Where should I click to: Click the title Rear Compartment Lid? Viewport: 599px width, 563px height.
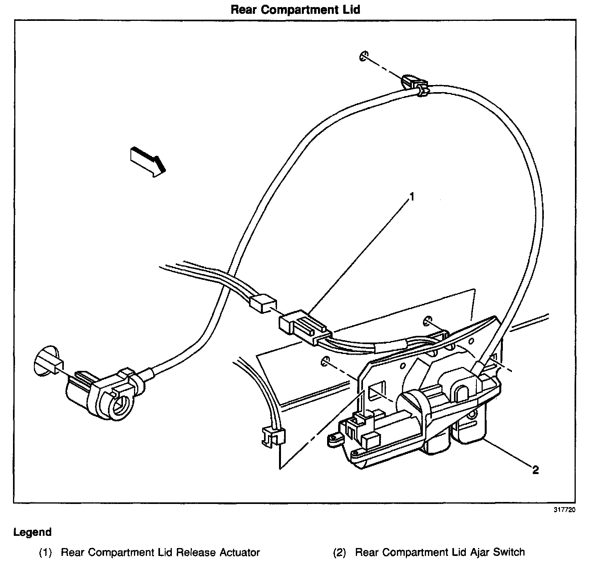(x=295, y=9)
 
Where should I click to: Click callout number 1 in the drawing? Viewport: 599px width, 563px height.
(x=412, y=196)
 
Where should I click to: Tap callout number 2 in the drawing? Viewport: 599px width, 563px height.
(x=535, y=470)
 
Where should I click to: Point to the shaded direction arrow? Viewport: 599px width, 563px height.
(x=147, y=161)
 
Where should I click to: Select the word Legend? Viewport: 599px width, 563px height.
(x=32, y=532)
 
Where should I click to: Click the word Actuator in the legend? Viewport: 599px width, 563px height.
(x=240, y=552)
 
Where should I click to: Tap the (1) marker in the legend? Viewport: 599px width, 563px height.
(x=45, y=552)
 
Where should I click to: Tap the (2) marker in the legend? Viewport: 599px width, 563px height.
(x=339, y=552)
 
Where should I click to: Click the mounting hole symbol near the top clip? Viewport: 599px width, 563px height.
(x=363, y=56)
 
